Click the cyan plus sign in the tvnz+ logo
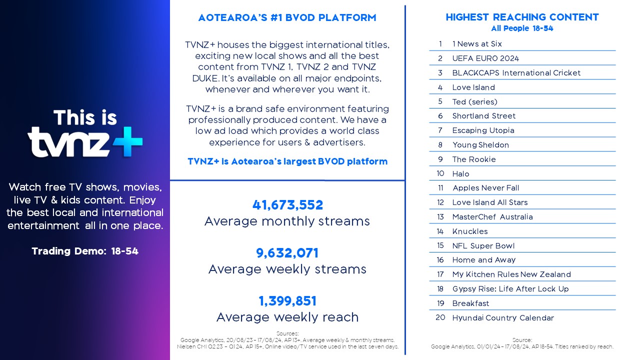click(127, 141)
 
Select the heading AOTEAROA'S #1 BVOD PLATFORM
click(287, 17)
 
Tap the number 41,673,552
click(287, 205)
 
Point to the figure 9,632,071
click(287, 253)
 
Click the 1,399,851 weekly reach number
click(287, 301)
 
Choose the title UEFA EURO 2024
click(485, 58)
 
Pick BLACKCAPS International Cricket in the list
click(516, 73)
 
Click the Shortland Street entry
click(483, 115)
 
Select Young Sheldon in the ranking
click(480, 145)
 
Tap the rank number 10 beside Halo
click(440, 173)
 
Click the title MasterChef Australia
click(492, 217)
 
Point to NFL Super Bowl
click(483, 245)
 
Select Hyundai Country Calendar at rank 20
click(503, 317)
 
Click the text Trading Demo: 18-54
click(85, 251)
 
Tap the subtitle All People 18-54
click(522, 28)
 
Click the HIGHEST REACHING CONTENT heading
click(522, 17)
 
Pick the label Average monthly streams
click(287, 221)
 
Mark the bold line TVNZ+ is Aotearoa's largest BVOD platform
click(287, 161)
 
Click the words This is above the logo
click(85, 117)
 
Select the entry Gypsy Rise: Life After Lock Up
click(510, 289)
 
